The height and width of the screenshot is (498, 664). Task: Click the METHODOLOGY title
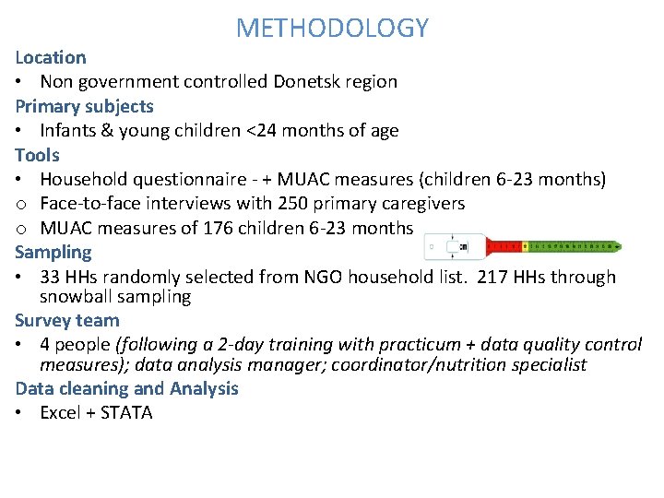pyautogui.click(x=332, y=28)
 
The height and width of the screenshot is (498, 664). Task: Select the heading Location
pyautogui.click(x=51, y=57)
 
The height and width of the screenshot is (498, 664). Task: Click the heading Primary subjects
pyautogui.click(x=84, y=106)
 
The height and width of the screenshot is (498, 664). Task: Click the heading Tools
pyautogui.click(x=37, y=155)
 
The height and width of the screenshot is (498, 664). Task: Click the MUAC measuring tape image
pyautogui.click(x=522, y=246)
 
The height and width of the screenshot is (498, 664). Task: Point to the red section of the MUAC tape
pyautogui.click(x=503, y=246)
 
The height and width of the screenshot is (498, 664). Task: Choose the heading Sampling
pyautogui.click(x=53, y=252)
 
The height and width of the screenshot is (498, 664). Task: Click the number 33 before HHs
pyautogui.click(x=52, y=277)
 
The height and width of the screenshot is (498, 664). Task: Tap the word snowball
pyautogui.click(x=76, y=296)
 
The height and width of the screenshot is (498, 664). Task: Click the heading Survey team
pyautogui.click(x=67, y=320)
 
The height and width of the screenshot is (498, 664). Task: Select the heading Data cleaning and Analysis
pyautogui.click(x=126, y=388)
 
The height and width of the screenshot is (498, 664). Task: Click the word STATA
pyautogui.click(x=126, y=412)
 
